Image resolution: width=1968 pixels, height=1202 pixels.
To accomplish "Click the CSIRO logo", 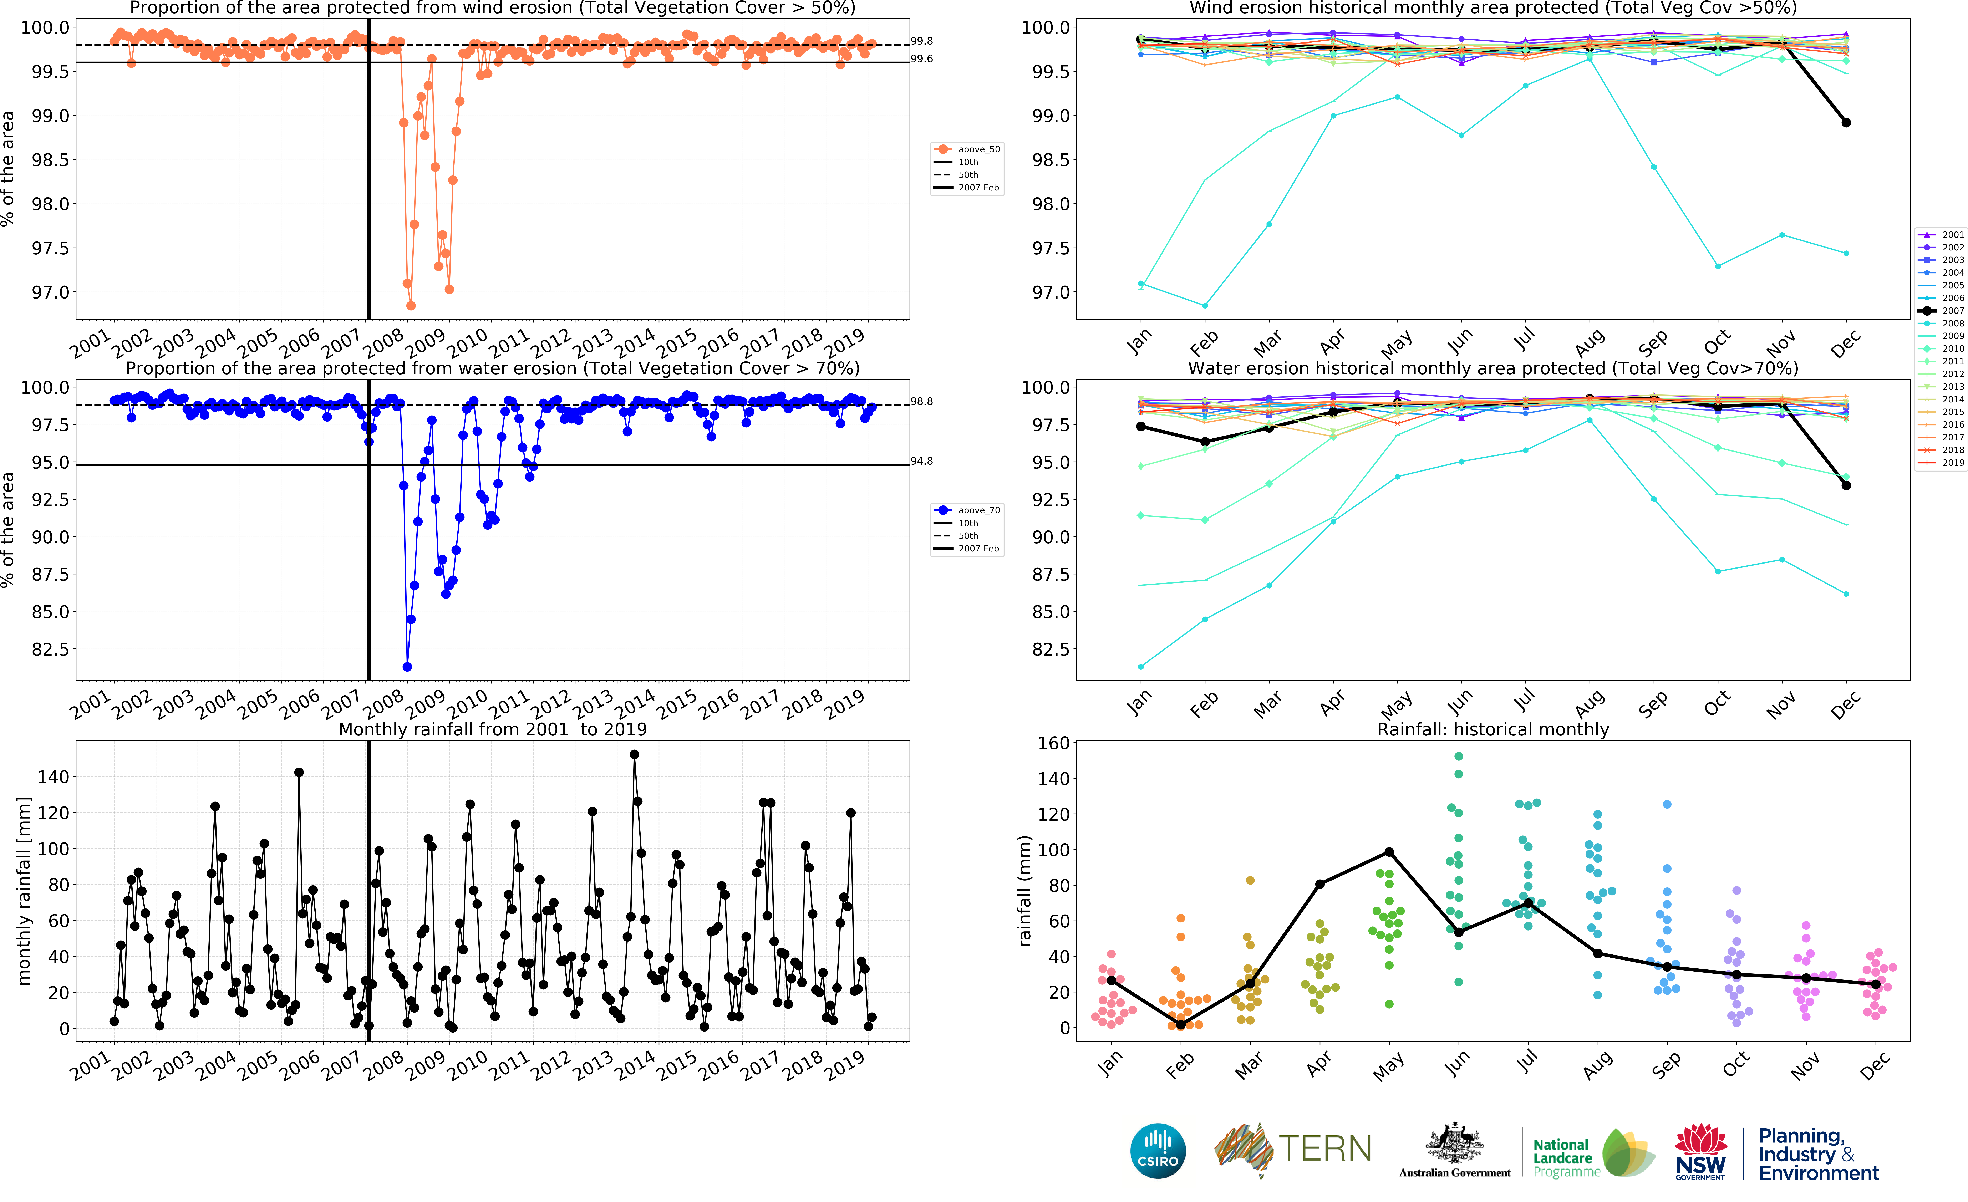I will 1157,1151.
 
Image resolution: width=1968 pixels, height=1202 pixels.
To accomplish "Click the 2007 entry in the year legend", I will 1941,311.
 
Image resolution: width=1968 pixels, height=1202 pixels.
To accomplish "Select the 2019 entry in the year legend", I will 1941,462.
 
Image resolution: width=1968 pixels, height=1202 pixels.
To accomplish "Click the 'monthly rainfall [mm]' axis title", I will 24,891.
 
